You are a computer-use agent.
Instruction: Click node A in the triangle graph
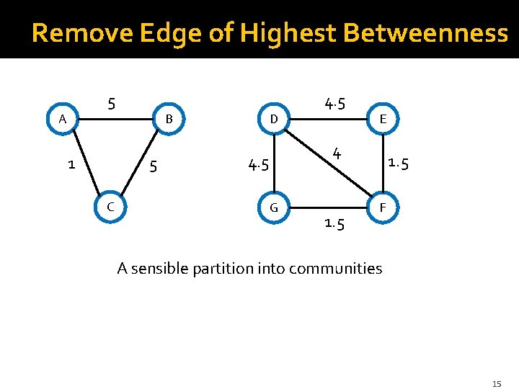[63, 119]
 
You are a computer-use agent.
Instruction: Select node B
[169, 119]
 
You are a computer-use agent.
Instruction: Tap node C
[110, 207]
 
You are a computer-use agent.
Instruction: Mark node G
[274, 208]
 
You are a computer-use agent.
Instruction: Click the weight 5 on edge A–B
[111, 103]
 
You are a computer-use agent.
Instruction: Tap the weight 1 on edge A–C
[71, 164]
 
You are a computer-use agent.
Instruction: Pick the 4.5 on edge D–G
[258, 166]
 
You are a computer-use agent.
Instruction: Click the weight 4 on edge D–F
[336, 153]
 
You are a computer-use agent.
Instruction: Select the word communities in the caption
[337, 269]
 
